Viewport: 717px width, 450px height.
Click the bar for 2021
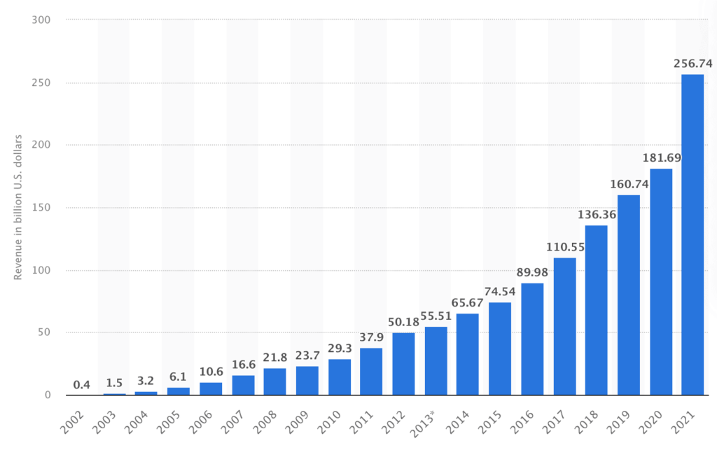692,234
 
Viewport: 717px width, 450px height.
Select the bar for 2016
532,339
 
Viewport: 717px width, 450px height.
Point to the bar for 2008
274,381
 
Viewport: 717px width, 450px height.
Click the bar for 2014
468,354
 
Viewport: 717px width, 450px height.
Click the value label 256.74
692,64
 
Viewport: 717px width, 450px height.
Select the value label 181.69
660,157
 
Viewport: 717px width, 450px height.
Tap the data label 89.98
532,272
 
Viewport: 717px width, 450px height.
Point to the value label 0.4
82,384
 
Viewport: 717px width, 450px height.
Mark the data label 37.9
371,337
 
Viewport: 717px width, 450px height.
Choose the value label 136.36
596,214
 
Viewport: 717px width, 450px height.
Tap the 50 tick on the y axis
45,332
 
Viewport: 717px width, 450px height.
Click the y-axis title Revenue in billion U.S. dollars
18,207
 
